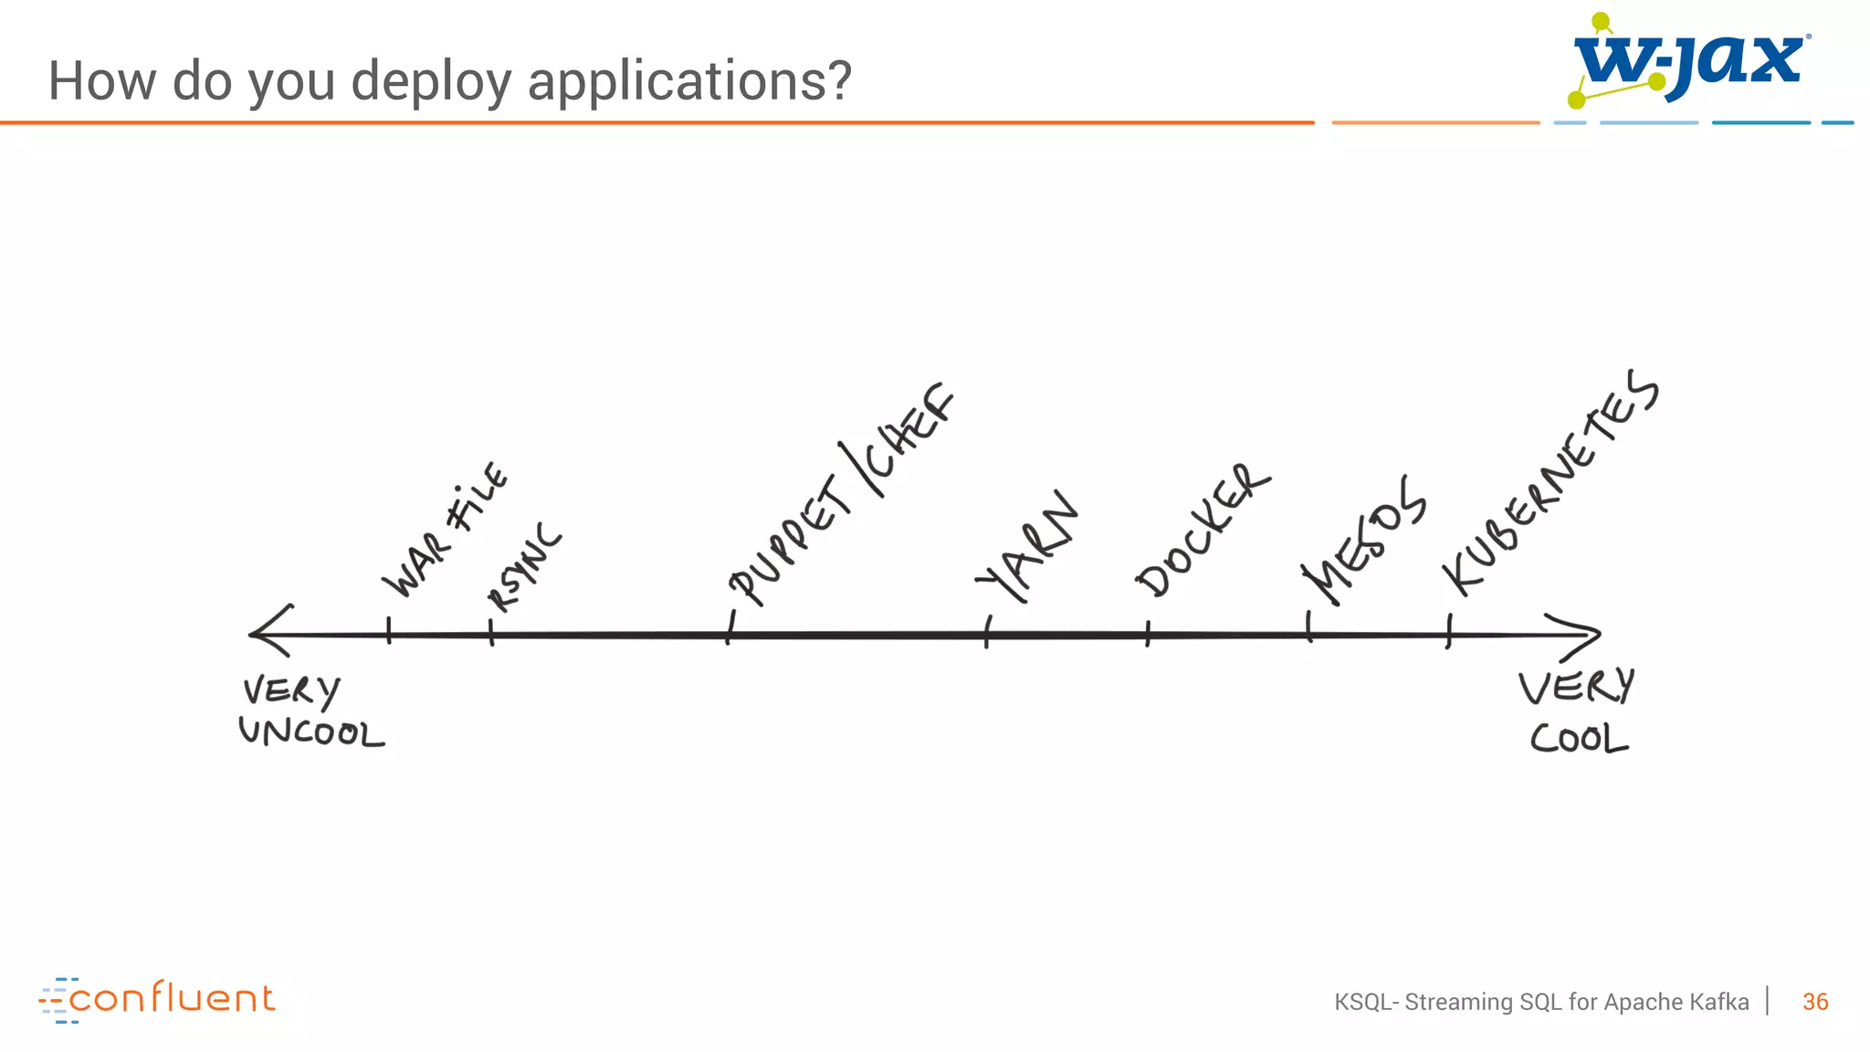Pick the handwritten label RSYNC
[524, 568]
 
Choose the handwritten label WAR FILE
[445, 530]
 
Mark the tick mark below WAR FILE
[389, 631]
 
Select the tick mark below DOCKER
[1148, 634]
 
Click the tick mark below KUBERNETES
[1449, 631]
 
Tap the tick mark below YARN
[987, 632]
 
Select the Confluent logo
[156, 999]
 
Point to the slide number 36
[1814, 1002]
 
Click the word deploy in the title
[431, 82]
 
